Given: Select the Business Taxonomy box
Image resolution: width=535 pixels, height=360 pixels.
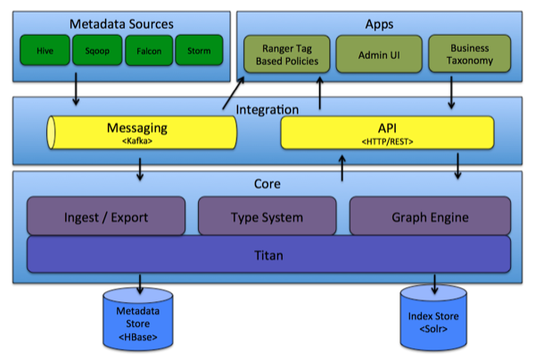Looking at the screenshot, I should (x=469, y=54).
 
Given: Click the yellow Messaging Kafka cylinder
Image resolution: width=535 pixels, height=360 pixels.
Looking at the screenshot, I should (x=142, y=134).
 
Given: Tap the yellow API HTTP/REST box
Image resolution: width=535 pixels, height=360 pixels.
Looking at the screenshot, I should (x=386, y=134).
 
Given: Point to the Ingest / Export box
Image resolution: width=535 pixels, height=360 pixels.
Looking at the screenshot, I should (x=106, y=217).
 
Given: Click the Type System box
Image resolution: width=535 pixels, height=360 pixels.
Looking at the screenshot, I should (x=267, y=217).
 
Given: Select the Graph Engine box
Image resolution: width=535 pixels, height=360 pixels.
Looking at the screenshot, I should (x=429, y=217).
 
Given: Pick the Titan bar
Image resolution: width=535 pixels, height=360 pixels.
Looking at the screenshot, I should (x=267, y=255).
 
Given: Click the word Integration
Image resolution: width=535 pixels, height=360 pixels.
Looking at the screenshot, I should (x=267, y=109).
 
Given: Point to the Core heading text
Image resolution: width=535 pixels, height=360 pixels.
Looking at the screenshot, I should (x=267, y=184).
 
